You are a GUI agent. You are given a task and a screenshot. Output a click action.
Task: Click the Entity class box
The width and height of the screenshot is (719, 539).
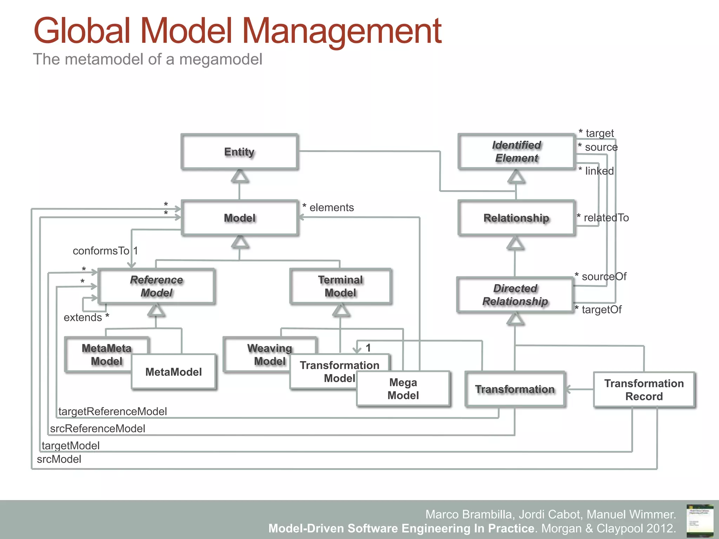[x=239, y=152]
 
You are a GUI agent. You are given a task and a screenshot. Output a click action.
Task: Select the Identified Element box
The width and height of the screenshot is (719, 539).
[x=516, y=152]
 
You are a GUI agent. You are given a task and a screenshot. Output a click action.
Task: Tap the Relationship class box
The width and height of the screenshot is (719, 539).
[x=516, y=218]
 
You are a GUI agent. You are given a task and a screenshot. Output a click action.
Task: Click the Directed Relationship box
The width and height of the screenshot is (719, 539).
[x=515, y=295]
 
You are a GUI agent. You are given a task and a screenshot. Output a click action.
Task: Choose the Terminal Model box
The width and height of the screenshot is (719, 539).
[x=340, y=286]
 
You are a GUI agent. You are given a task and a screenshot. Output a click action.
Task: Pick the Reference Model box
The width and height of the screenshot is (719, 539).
[x=157, y=286]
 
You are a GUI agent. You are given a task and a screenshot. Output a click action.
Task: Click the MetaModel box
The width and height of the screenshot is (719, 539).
[x=174, y=372]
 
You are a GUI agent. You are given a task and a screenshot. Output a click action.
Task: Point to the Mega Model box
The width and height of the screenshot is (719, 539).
[x=403, y=389]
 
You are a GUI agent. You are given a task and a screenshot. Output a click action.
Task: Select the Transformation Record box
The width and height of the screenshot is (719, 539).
[x=644, y=390]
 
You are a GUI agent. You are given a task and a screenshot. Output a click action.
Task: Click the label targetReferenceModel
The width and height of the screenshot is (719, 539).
[x=112, y=411]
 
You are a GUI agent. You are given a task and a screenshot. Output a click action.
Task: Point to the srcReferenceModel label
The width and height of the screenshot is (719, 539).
[x=98, y=428]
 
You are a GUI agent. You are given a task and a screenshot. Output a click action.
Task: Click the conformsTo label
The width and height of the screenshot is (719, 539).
[x=101, y=251]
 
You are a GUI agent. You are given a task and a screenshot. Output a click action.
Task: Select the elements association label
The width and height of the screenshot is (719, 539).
[x=331, y=207]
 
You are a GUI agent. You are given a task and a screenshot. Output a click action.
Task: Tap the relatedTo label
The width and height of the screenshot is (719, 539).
[x=606, y=218]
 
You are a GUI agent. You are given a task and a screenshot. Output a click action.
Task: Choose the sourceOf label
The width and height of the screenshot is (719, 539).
[x=604, y=277]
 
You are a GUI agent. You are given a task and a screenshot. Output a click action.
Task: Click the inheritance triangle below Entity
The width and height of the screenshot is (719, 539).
[x=240, y=176]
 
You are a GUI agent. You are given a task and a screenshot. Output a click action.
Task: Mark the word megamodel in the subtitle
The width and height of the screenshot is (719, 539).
[x=220, y=59]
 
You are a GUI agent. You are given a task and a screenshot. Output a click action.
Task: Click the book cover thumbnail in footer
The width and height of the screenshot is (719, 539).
[x=700, y=520]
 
